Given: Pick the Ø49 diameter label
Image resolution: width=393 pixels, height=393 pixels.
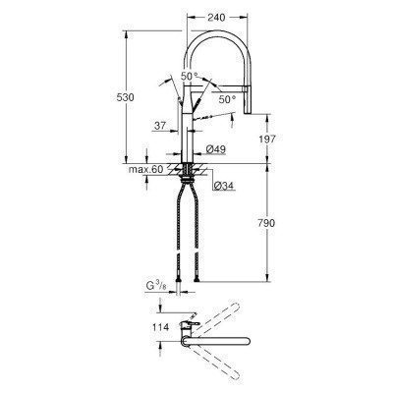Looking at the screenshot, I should click(216, 149).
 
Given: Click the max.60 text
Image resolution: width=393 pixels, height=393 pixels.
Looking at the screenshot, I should click(144, 171).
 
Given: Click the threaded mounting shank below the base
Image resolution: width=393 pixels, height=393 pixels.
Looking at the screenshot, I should click(187, 176).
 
